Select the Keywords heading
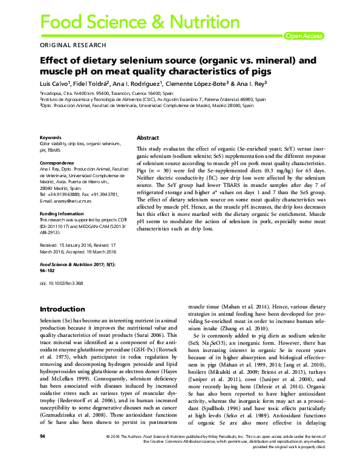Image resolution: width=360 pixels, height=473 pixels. (51, 137)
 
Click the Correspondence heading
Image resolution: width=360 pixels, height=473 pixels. (57, 163)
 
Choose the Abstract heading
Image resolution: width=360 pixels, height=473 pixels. (148, 138)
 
